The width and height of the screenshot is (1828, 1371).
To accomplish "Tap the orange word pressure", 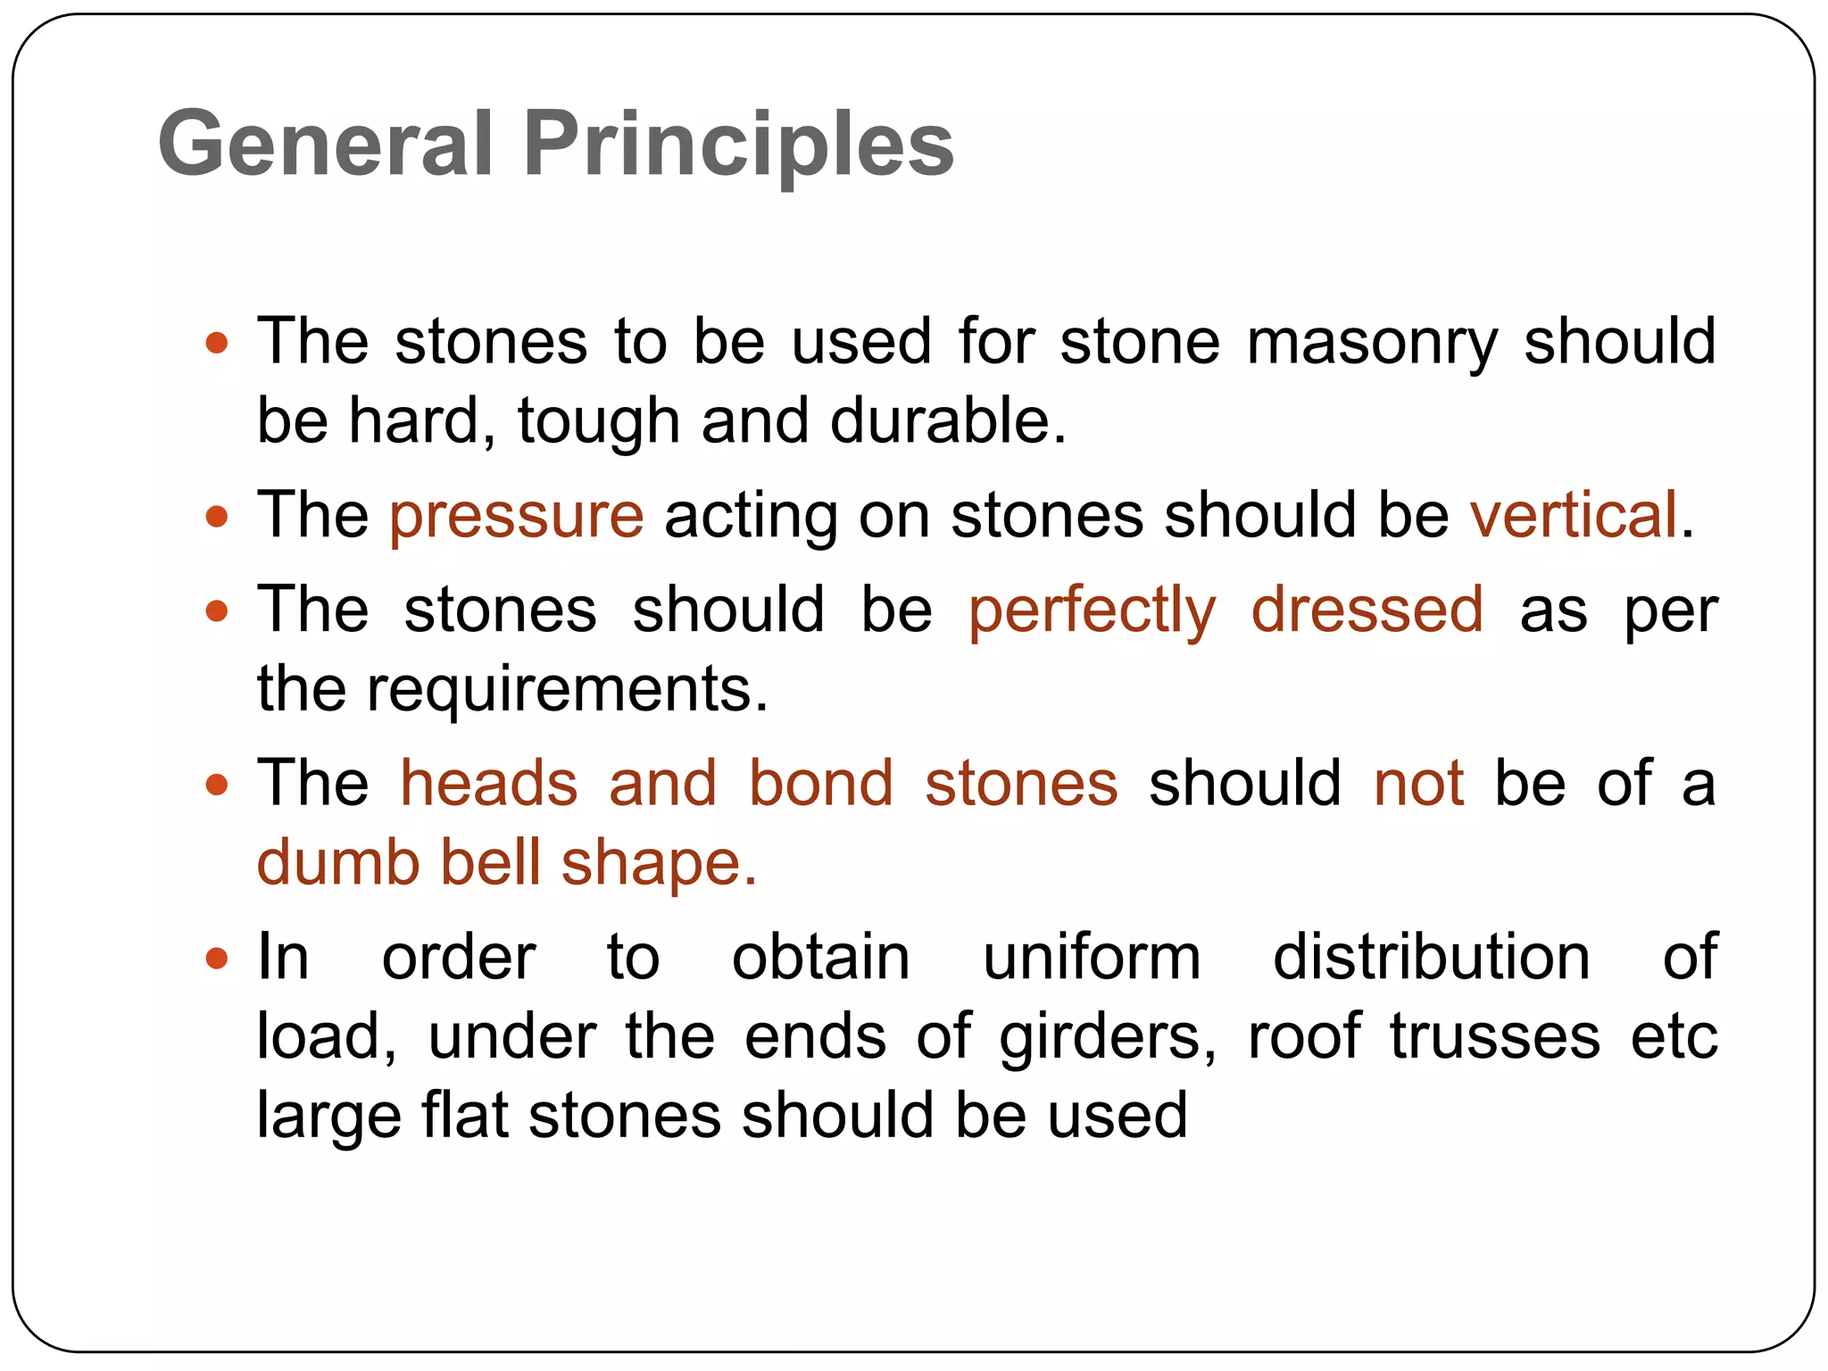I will tap(516, 516).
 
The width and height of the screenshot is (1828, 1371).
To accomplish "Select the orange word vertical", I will tap(1574, 516).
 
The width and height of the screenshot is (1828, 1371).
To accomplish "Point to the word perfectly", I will tap(1092, 611).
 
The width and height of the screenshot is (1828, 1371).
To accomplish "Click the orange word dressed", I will tap(1367, 611).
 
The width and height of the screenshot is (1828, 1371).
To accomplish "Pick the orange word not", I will tap(1418, 784).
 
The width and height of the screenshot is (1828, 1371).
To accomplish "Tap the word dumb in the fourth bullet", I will tap(338, 863).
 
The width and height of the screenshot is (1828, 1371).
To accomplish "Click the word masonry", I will tap(1372, 343).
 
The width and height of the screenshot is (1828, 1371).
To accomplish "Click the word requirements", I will tap(567, 689).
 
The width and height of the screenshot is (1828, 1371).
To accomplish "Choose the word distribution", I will tap(1431, 958).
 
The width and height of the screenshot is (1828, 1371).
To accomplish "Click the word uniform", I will tap(1092, 958).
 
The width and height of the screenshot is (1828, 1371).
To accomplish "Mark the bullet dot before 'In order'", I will tap(217, 960).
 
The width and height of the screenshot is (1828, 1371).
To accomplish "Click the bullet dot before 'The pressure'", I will tap(217, 517).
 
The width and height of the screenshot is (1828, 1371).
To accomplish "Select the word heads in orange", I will tap(489, 784).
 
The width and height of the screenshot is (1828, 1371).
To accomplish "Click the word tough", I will tap(598, 421).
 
